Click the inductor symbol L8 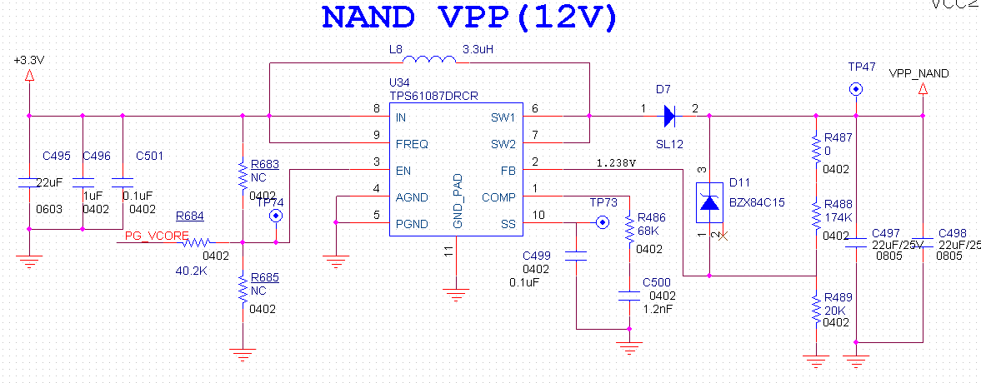pyautogui.click(x=428, y=60)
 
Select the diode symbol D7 pyautogui.click(x=668, y=116)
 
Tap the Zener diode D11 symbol pyautogui.click(x=709, y=202)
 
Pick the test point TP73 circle pyautogui.click(x=601, y=223)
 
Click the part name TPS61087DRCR pyautogui.click(x=433, y=97)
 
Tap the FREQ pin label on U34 pyautogui.click(x=413, y=143)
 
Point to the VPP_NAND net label pyautogui.click(x=918, y=73)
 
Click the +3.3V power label pyautogui.click(x=29, y=61)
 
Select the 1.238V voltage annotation pyautogui.click(x=616, y=163)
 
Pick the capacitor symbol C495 pyautogui.click(x=29, y=181)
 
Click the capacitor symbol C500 pyautogui.click(x=628, y=294)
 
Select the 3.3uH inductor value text pyautogui.click(x=478, y=49)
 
